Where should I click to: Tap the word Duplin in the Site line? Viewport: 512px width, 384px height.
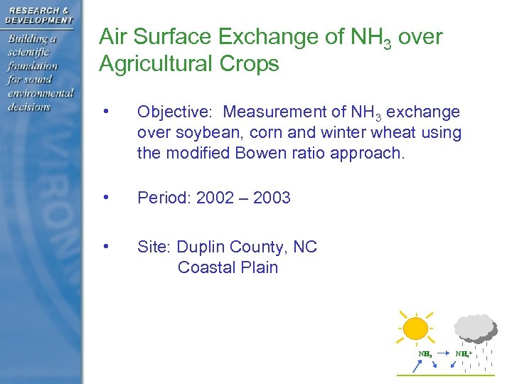coord(201,247)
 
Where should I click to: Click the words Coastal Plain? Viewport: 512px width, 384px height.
coord(228,267)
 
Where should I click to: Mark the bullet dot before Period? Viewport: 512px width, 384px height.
coord(105,196)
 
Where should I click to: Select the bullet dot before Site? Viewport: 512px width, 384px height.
coord(105,246)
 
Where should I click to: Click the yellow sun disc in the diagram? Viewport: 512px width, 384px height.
coord(415,329)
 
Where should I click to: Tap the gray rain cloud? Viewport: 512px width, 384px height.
coord(474,327)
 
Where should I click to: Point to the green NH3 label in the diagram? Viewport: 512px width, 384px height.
coord(425,353)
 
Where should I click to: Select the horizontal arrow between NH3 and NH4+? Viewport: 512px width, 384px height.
coord(443,353)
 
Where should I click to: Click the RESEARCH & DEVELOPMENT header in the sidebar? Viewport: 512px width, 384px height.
coord(38,15)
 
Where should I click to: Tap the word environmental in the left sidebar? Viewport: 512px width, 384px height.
coord(41,94)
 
